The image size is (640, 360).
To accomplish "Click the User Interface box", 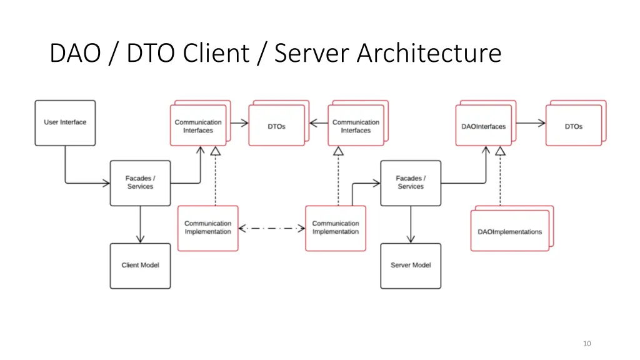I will (65, 123).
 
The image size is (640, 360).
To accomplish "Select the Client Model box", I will (140, 266).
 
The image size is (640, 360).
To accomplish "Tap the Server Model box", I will (411, 266).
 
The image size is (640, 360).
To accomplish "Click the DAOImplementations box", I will (509, 231).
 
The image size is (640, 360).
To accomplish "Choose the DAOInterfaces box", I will (483, 126).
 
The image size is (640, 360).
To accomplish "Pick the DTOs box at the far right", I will (573, 126).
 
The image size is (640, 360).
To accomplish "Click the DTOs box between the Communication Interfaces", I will (276, 126).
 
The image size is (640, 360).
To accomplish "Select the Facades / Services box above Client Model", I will (140, 183).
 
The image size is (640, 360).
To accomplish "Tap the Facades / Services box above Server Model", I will (411, 183).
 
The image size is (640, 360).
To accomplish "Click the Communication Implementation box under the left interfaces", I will (207, 228).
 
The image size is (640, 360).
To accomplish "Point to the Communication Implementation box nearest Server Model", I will (336, 228).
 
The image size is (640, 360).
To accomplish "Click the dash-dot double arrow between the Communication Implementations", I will (272, 228).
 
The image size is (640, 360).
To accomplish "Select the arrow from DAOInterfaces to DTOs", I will (529, 123).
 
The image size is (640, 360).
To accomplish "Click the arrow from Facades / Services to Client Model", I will (140, 225).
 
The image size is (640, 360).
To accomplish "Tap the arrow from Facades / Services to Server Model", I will (411, 225).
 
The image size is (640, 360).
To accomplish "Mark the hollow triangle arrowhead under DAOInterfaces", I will (500, 151).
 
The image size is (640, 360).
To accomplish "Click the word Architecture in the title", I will (429, 53).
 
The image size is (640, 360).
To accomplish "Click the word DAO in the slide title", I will (75, 53).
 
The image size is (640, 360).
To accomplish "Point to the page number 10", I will (586, 343).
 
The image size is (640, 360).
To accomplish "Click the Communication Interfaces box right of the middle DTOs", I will (356, 126).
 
